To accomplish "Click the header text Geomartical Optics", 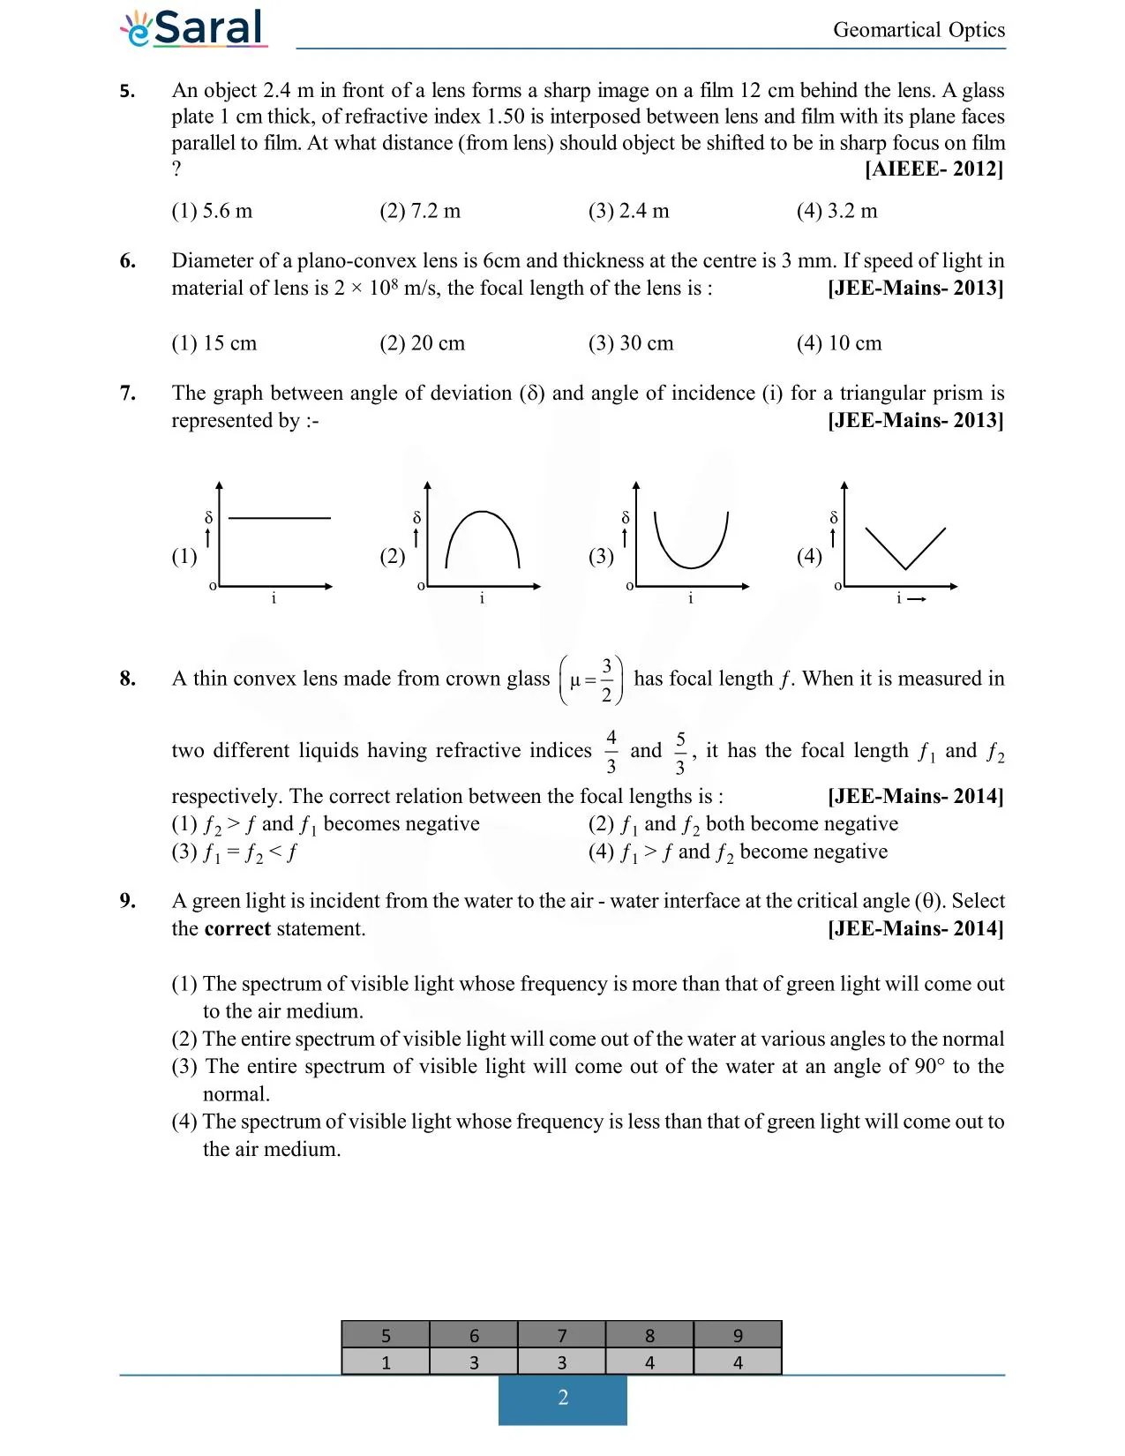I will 919,30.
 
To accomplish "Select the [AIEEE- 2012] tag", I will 934,169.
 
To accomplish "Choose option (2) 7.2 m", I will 420,211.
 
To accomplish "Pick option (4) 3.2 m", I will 836,211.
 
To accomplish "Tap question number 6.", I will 128,261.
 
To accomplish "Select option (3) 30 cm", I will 630,343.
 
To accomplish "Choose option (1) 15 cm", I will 214,343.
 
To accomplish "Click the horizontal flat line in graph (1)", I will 279,518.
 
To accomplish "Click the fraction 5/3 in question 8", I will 680,753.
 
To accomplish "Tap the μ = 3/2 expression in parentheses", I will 591,680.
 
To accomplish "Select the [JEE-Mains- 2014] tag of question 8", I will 915,796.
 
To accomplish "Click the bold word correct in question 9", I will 236,928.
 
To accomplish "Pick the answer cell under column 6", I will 474,1362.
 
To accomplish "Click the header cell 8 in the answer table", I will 649,1335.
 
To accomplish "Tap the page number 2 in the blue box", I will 563,1398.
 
